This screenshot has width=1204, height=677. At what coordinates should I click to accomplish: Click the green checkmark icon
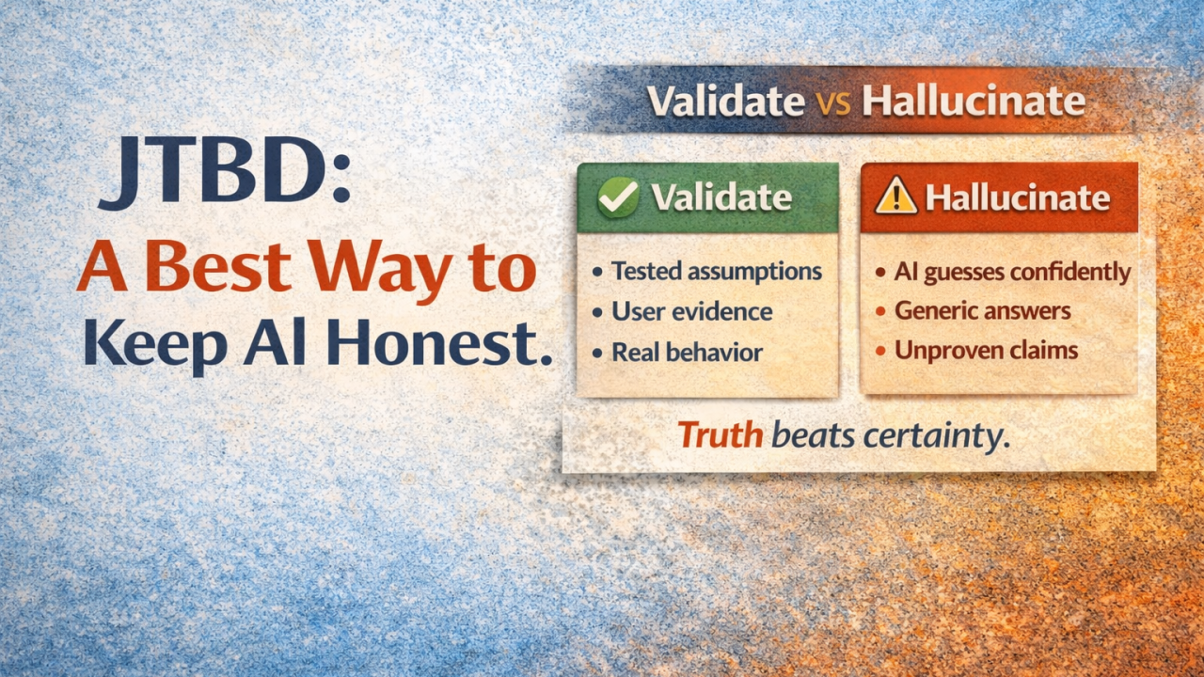pos(618,197)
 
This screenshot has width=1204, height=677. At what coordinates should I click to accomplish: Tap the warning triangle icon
pos(895,197)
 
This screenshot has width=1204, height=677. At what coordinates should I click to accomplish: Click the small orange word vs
pos(833,102)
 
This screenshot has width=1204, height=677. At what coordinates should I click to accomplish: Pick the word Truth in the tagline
pos(720,434)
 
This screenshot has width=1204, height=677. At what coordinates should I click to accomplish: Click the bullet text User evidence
pos(691,312)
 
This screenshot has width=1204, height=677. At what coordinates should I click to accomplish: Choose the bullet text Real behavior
pos(687,353)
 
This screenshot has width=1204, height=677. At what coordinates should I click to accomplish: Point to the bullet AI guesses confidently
pos(1012,272)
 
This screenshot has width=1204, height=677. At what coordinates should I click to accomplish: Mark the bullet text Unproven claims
pos(986,351)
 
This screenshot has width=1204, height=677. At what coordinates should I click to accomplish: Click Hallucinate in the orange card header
pos(1018,197)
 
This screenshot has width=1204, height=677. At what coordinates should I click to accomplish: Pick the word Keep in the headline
pos(154,345)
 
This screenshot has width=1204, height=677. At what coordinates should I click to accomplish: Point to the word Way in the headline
pos(380,269)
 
